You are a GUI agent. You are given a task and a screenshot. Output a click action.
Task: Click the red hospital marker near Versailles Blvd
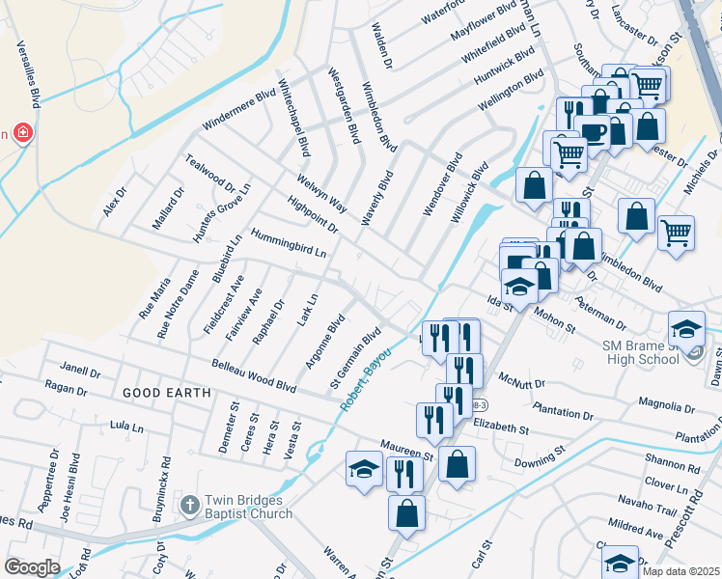pos(20,133)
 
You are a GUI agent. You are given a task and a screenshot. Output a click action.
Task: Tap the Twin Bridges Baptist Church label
pos(248,508)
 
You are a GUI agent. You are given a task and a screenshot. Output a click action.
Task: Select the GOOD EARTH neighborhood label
pos(160,393)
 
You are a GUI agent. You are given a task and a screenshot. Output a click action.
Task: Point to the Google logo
pos(32,567)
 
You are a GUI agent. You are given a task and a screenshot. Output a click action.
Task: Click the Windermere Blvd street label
pos(238,113)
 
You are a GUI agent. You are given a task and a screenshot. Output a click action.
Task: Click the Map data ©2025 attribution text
pos(680,571)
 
